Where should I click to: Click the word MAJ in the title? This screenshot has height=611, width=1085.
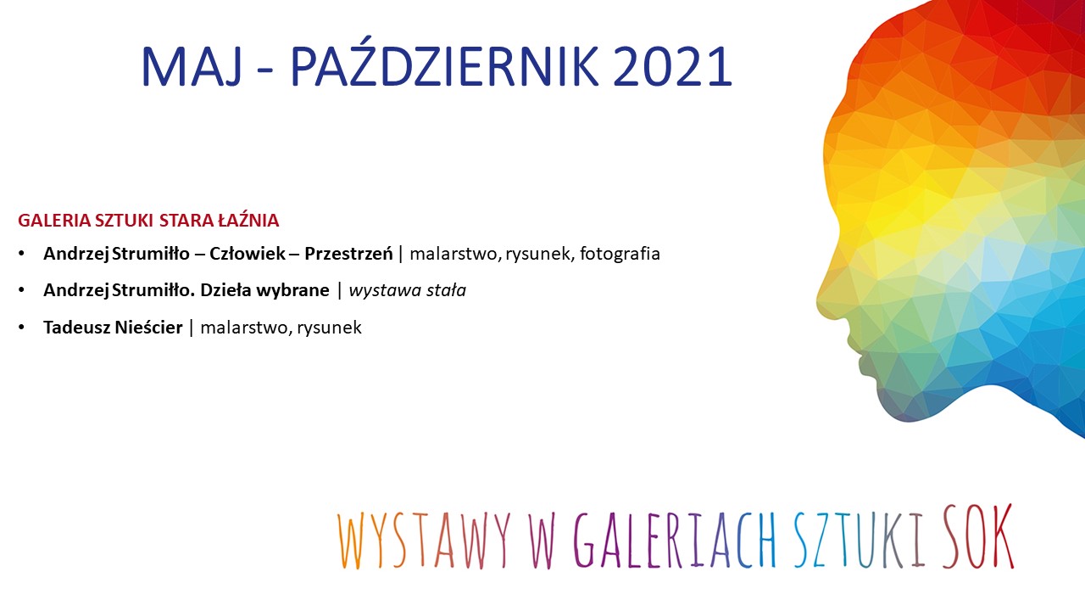point(192,66)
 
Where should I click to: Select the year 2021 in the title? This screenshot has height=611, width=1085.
point(672,66)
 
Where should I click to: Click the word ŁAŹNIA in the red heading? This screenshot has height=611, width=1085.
point(248,220)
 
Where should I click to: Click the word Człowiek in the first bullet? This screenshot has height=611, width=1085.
point(248,254)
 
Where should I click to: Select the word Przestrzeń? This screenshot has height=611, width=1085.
point(348,254)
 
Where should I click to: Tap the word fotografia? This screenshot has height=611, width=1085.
point(620,254)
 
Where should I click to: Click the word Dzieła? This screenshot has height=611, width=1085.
point(221,290)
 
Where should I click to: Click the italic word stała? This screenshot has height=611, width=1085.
point(446,290)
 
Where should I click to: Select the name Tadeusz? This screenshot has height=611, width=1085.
point(76,328)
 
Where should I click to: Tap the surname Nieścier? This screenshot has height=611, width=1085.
point(148,328)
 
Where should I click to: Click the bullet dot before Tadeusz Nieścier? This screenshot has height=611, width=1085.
point(21,328)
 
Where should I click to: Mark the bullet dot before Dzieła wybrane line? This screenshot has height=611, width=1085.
point(21,290)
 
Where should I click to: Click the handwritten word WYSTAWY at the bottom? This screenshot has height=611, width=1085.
point(425,539)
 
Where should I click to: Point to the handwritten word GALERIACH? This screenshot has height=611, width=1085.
point(675,538)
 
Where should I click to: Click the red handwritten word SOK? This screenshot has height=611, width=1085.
point(978,535)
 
